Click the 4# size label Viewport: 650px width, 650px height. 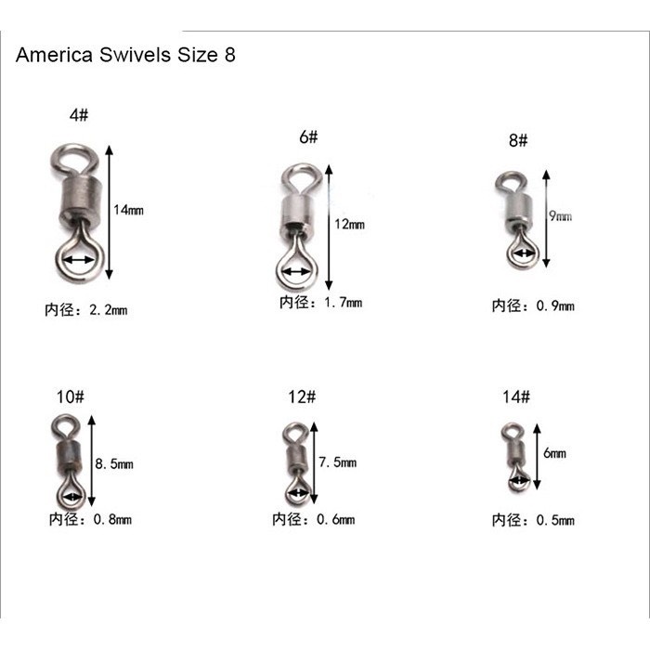pos(79,115)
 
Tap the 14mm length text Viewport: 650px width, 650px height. pos(128,210)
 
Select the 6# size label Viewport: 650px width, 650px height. pos(308,136)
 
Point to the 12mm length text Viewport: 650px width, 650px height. pos(349,225)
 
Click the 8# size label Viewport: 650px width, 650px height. pos(518,140)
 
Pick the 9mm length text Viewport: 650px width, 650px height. pos(561,216)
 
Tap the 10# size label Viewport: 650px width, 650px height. pos(70,396)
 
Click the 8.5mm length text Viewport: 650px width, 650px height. pos(114,463)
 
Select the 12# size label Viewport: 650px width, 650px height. pos(302,396)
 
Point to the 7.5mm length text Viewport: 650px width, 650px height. pos(337,461)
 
